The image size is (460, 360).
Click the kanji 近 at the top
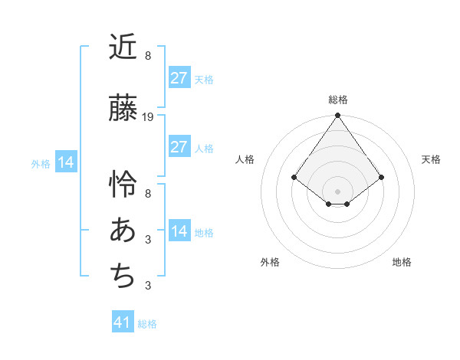click(123, 47)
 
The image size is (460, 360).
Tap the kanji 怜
click(123, 184)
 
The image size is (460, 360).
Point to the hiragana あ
click(123, 231)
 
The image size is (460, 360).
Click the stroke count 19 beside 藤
click(148, 117)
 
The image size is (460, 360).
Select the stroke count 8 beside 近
click(148, 56)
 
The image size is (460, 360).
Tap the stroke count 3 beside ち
click(148, 286)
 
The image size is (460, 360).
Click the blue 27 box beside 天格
click(179, 78)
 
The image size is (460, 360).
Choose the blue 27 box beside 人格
click(179, 147)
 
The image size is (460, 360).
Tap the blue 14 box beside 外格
click(65, 162)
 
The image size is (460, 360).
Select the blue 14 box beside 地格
click(179, 231)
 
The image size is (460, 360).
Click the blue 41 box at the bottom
click(123, 322)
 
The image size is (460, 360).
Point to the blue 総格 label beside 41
click(147, 324)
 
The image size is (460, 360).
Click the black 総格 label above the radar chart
click(337, 100)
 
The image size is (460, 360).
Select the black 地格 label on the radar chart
click(402, 262)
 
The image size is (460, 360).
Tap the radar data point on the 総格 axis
click(337, 116)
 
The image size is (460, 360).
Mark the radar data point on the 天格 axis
click(381, 177)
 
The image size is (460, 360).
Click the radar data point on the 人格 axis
click(294, 177)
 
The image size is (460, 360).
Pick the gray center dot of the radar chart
click(337, 191)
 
